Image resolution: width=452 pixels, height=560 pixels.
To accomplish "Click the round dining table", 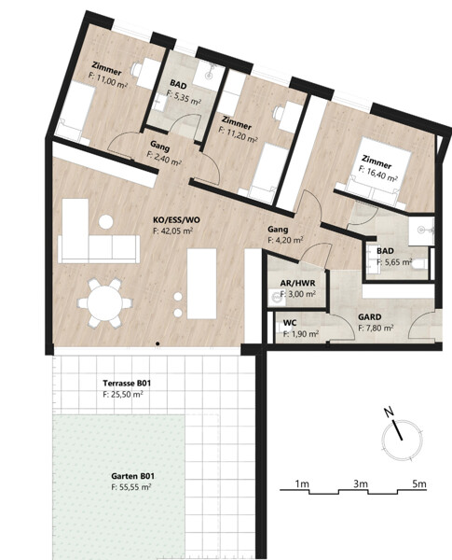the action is pos(105,303).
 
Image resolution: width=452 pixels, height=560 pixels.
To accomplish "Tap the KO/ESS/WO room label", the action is pos(176,220).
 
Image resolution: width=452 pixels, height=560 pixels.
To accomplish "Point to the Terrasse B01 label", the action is pos(127,384).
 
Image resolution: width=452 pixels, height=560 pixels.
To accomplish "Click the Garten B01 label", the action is pos(132,476).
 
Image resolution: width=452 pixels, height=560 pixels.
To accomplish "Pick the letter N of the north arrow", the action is pos(389,413).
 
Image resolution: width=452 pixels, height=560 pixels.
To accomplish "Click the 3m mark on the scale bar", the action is pos(361,483).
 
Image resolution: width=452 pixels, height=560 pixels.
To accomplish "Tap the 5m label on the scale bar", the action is pos(419,483).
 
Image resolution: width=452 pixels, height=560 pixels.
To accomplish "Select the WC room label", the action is pos(290,323).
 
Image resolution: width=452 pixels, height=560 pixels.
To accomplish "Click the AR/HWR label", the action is pos(297,283).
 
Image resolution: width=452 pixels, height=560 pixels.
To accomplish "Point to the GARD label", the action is pos(370,316).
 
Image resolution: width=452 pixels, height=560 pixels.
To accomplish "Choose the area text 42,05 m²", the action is pos(173,231).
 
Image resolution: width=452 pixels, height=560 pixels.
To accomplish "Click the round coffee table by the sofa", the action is pos(106,222).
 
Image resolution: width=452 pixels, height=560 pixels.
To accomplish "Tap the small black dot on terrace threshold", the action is pos(158,343).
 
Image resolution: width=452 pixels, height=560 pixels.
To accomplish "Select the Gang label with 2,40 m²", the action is pos(159,146).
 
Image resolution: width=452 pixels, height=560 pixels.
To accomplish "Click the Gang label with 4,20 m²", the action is pos(278,229).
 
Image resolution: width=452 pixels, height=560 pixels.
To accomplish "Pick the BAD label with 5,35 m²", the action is pos(178,85).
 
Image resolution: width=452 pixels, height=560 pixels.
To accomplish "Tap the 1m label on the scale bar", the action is pos(302,483).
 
